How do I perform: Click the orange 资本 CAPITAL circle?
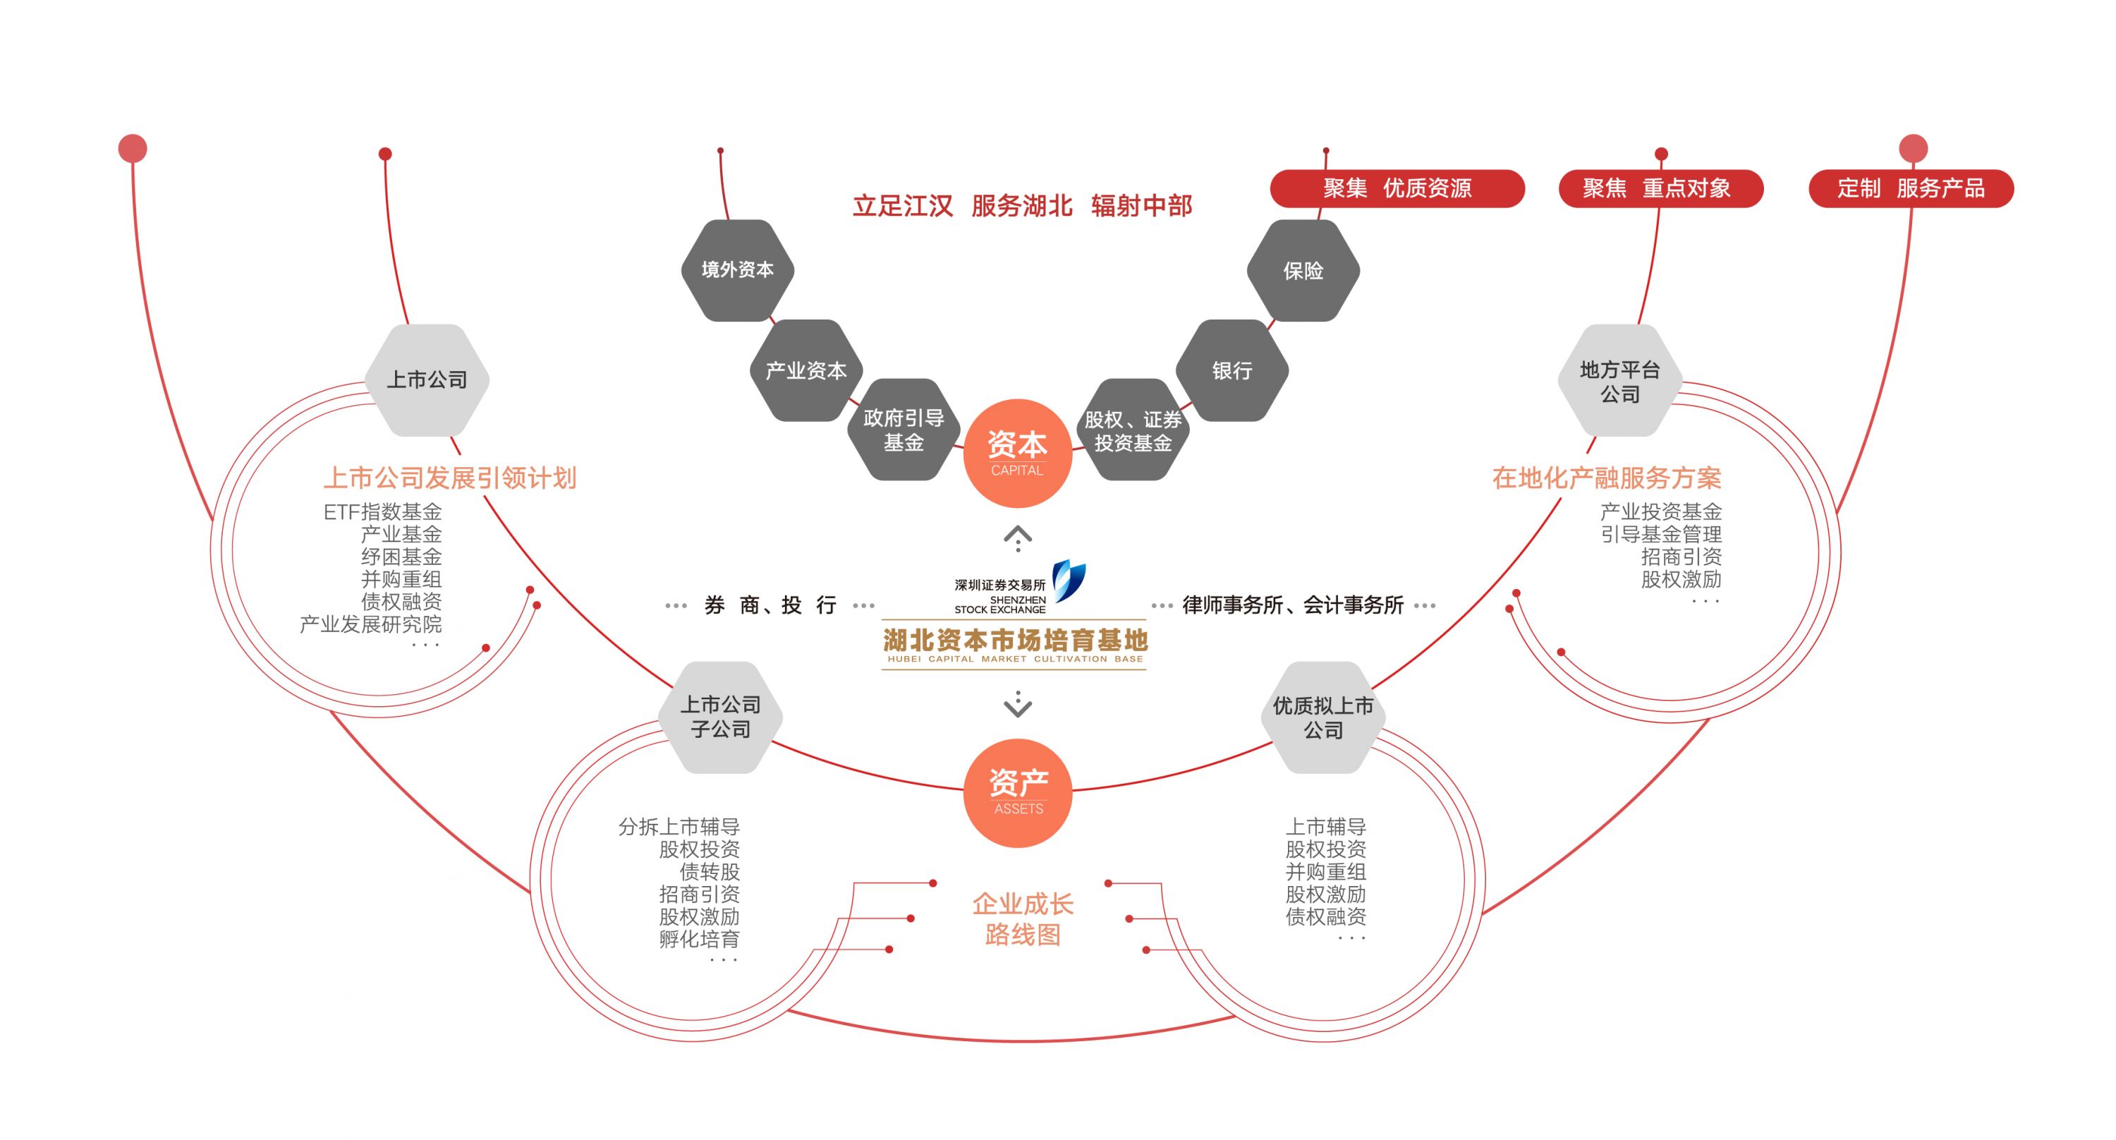click(1017, 453)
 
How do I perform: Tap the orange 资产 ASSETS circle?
click(1018, 792)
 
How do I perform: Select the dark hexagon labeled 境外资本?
click(738, 270)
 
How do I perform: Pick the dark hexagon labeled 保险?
click(1303, 270)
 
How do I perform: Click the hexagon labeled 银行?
click(1232, 370)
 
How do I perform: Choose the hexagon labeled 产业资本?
click(805, 370)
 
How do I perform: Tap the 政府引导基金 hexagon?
click(904, 430)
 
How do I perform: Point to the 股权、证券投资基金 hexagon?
click(1133, 430)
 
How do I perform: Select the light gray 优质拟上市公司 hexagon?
click(1322, 717)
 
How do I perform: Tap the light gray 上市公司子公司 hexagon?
click(720, 717)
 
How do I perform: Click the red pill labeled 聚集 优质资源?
click(1397, 188)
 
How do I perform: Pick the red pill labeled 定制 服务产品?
click(1911, 188)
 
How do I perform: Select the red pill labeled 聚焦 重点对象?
click(1660, 188)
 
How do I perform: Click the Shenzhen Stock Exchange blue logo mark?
click(1069, 580)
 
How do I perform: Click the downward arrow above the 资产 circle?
click(1018, 704)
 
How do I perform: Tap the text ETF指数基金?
click(383, 511)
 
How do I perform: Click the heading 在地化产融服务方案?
click(1606, 478)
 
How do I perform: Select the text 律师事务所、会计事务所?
click(1292, 605)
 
